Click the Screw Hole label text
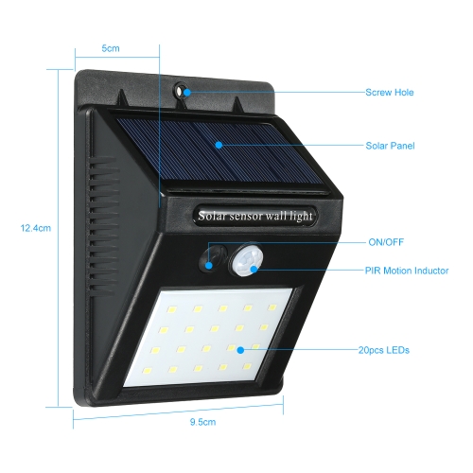tap(390, 93)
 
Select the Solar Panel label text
tap(390, 146)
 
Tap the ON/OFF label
tap(386, 242)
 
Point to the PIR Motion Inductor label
tap(407, 271)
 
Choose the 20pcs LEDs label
tap(384, 350)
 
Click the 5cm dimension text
tap(111, 48)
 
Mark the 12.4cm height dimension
tap(36, 228)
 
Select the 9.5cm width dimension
tap(202, 422)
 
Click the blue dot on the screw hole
tap(187, 93)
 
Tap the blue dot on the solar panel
tap(219, 145)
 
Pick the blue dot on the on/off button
tap(208, 265)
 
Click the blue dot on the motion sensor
tap(254, 269)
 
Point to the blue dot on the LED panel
tap(240, 350)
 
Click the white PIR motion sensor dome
tap(247, 261)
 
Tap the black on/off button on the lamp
tap(213, 257)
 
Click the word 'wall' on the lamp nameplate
tap(276, 216)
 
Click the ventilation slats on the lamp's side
tap(101, 227)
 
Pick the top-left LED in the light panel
tap(172, 309)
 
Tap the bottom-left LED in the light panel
tap(148, 371)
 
